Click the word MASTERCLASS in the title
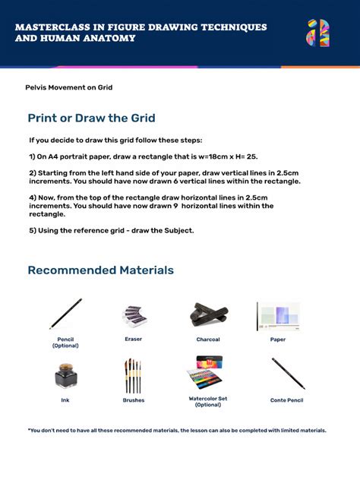(49, 27)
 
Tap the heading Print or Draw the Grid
(91, 118)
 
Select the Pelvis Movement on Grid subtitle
(69, 87)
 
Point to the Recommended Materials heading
(100, 270)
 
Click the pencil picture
(66, 314)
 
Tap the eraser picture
(134, 315)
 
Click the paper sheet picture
(278, 315)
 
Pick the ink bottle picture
(65, 375)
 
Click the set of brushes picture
(133, 375)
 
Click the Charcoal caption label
(208, 339)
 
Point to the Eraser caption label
(133, 339)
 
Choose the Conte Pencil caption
(286, 400)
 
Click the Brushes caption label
(133, 400)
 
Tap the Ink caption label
(65, 400)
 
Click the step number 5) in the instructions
(33, 230)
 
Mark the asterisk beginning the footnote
(29, 431)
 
